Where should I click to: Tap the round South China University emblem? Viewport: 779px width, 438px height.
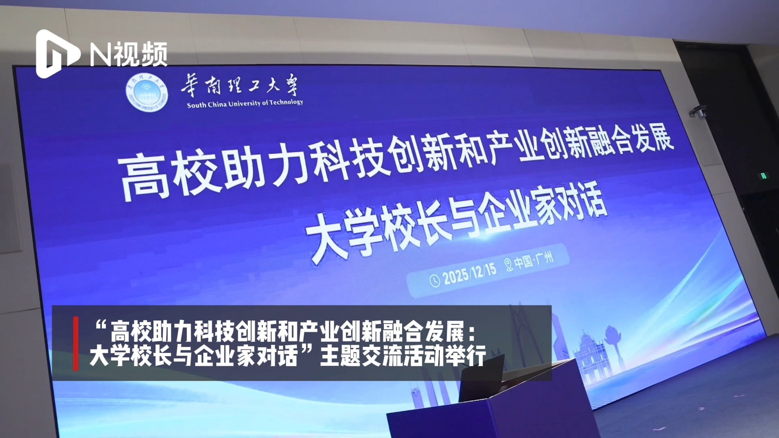146,93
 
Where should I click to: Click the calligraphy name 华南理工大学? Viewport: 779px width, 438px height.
239,86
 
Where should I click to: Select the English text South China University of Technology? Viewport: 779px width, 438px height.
245,103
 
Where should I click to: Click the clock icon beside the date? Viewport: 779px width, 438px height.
435,281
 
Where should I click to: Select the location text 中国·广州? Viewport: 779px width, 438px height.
534,260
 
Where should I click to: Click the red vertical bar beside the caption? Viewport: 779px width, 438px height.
75,344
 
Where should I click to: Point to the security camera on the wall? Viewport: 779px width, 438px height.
698,111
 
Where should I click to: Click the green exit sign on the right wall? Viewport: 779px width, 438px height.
763,176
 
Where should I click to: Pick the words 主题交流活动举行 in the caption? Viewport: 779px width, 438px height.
403,356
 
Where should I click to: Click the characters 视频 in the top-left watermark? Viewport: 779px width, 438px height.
140,54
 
